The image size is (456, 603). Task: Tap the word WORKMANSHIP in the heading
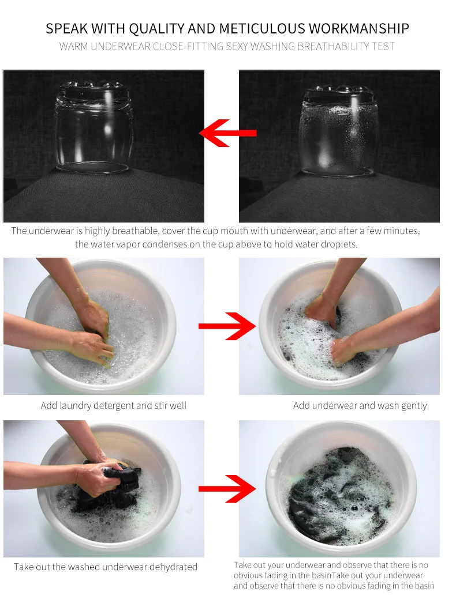[359, 28]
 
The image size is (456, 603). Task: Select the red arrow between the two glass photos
[228, 133]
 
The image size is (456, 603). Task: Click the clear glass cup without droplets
[94, 127]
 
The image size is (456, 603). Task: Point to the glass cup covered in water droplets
[339, 131]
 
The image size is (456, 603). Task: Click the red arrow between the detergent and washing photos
[227, 326]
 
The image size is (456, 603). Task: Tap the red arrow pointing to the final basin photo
[227, 489]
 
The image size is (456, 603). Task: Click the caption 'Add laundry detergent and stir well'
[114, 406]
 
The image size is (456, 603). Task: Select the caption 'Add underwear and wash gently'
[360, 406]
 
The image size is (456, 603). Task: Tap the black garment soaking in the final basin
[339, 496]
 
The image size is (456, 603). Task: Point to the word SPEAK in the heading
[67, 28]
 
